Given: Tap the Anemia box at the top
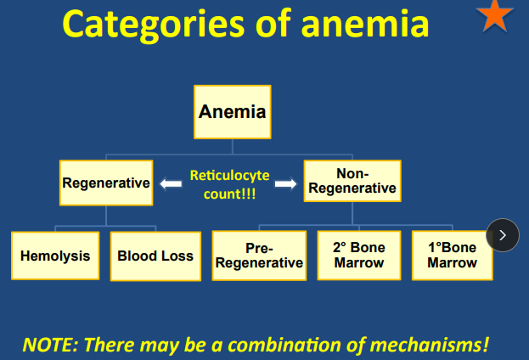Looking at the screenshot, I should [232, 112].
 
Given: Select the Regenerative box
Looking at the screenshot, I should [106, 183].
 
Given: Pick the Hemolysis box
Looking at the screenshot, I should [55, 256].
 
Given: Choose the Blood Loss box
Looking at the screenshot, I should [155, 256].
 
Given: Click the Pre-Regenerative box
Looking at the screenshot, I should [259, 256].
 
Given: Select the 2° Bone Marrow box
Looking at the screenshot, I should [359, 256].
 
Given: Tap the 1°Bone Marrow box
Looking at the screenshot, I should [452, 256].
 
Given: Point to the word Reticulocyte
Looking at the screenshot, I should [229, 176].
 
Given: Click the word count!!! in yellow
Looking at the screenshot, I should [229, 193].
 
